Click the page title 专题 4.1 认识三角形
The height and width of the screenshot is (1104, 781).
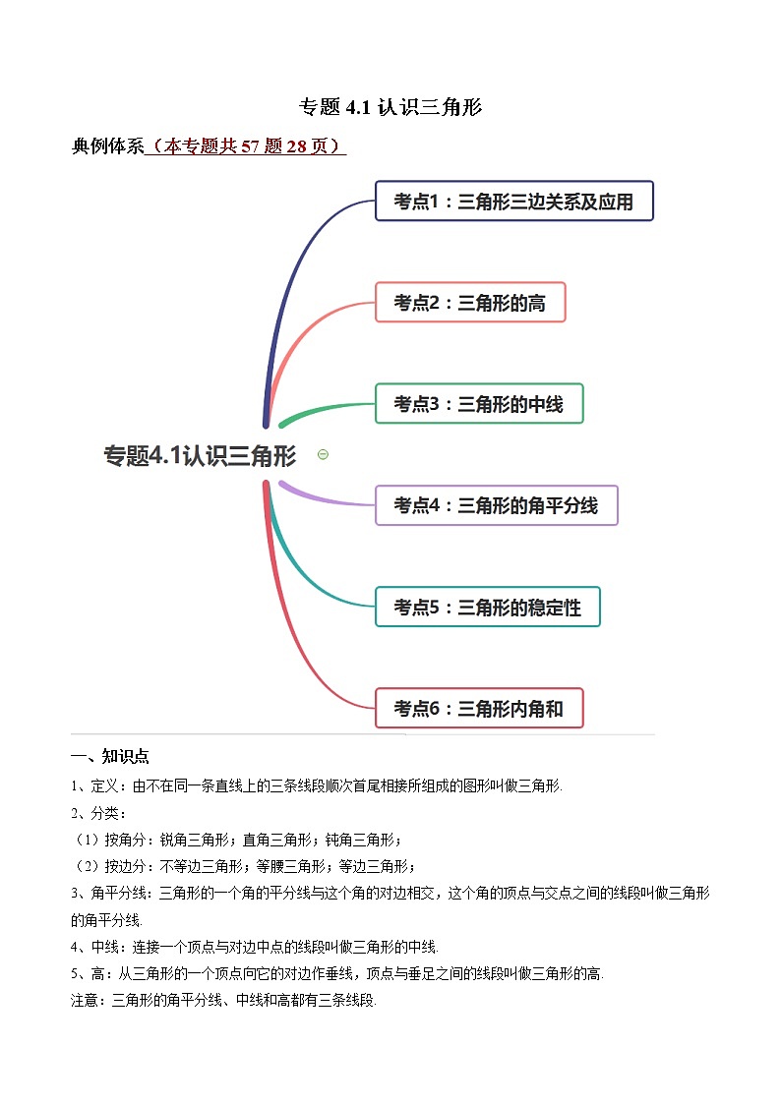click(390, 107)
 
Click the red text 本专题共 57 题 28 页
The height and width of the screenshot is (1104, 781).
click(246, 146)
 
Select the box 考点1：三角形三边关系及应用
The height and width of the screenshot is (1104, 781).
click(513, 202)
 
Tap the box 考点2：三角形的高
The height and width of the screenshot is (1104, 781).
click(470, 303)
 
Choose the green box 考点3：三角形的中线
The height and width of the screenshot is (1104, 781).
click(479, 404)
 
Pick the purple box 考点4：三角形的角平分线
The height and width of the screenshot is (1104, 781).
click(496, 505)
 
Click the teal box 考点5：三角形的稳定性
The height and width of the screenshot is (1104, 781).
click(487, 607)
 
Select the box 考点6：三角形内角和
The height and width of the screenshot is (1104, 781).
click(479, 708)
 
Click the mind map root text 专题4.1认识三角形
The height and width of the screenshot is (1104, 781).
click(200, 455)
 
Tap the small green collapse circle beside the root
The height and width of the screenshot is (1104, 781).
click(323, 454)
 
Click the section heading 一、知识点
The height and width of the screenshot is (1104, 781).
click(110, 756)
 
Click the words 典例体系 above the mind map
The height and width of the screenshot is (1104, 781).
click(108, 146)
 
